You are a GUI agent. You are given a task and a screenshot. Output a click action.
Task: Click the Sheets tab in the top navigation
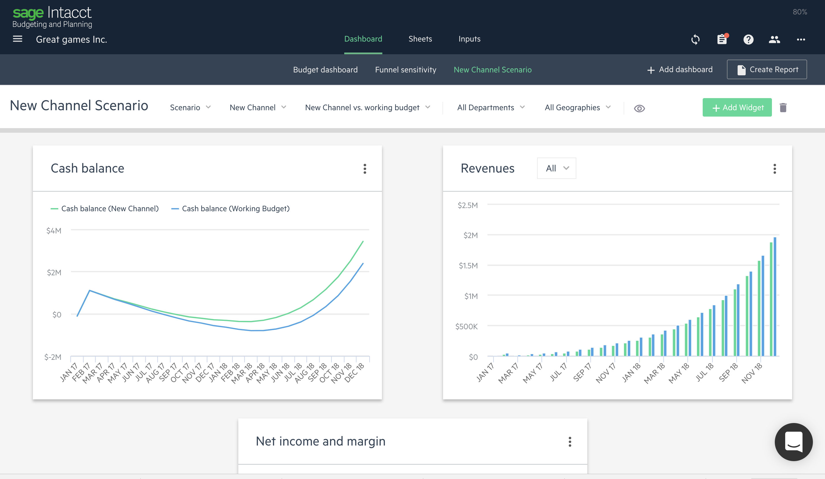[x=420, y=39]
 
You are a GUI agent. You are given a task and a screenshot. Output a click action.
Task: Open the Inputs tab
[x=469, y=39]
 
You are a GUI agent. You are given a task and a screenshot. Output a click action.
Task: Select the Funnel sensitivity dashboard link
[x=406, y=70]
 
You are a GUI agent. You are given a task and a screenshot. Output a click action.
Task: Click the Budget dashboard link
[x=325, y=70]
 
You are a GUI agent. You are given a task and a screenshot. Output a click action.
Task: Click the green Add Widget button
[x=737, y=107]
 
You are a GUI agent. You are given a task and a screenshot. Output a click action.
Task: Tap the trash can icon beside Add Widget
[x=783, y=107]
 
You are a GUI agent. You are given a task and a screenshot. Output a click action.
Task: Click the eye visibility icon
[x=639, y=108]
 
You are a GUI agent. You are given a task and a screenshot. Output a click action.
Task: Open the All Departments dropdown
[x=491, y=107]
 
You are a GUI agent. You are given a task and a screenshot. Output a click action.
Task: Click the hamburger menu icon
[x=18, y=39]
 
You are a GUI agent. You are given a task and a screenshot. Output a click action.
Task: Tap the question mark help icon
[x=748, y=40]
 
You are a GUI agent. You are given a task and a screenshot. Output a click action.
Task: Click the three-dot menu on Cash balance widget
[x=365, y=169]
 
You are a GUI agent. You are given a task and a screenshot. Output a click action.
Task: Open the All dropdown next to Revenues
[x=556, y=168]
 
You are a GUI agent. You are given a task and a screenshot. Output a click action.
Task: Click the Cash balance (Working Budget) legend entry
[x=230, y=209]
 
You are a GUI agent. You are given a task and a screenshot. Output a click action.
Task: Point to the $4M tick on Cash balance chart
[x=54, y=231]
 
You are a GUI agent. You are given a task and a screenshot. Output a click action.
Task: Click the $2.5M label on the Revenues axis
[x=468, y=205]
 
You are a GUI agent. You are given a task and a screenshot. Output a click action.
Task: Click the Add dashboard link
[x=680, y=70]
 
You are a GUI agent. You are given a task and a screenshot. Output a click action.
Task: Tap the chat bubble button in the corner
[x=794, y=442]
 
